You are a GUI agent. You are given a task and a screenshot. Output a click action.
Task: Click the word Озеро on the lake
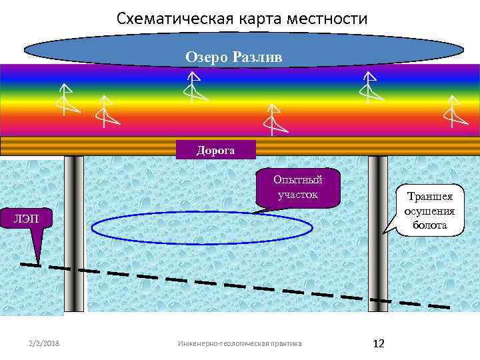pyautogui.click(x=209, y=57)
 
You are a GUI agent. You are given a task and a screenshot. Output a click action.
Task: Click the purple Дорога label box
pyautogui.click(x=215, y=151)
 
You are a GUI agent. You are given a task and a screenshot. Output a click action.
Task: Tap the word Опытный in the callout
pyautogui.click(x=298, y=180)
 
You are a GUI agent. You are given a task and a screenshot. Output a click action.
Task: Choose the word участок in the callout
pyautogui.click(x=298, y=195)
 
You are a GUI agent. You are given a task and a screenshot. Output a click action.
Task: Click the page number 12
pyautogui.click(x=379, y=343)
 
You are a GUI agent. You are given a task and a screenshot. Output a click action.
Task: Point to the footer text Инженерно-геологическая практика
pyautogui.click(x=239, y=343)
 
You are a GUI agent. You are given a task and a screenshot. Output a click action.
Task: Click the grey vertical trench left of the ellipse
pyautogui.click(x=73, y=233)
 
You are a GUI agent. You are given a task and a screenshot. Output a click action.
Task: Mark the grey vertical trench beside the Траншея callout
pyautogui.click(x=378, y=233)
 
